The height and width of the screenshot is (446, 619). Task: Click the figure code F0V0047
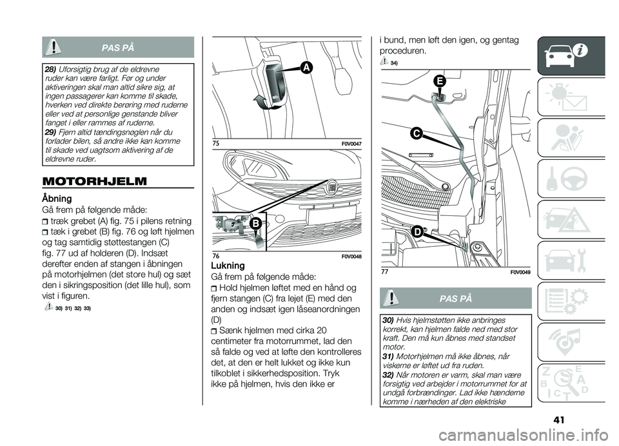tap(349, 142)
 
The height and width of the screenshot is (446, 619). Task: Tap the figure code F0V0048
tap(349, 257)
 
